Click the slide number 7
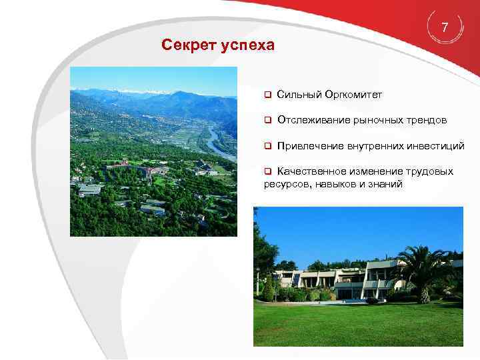tap(445, 27)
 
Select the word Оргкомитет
tap(353, 95)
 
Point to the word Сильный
tap(299, 95)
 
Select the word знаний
tap(387, 183)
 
